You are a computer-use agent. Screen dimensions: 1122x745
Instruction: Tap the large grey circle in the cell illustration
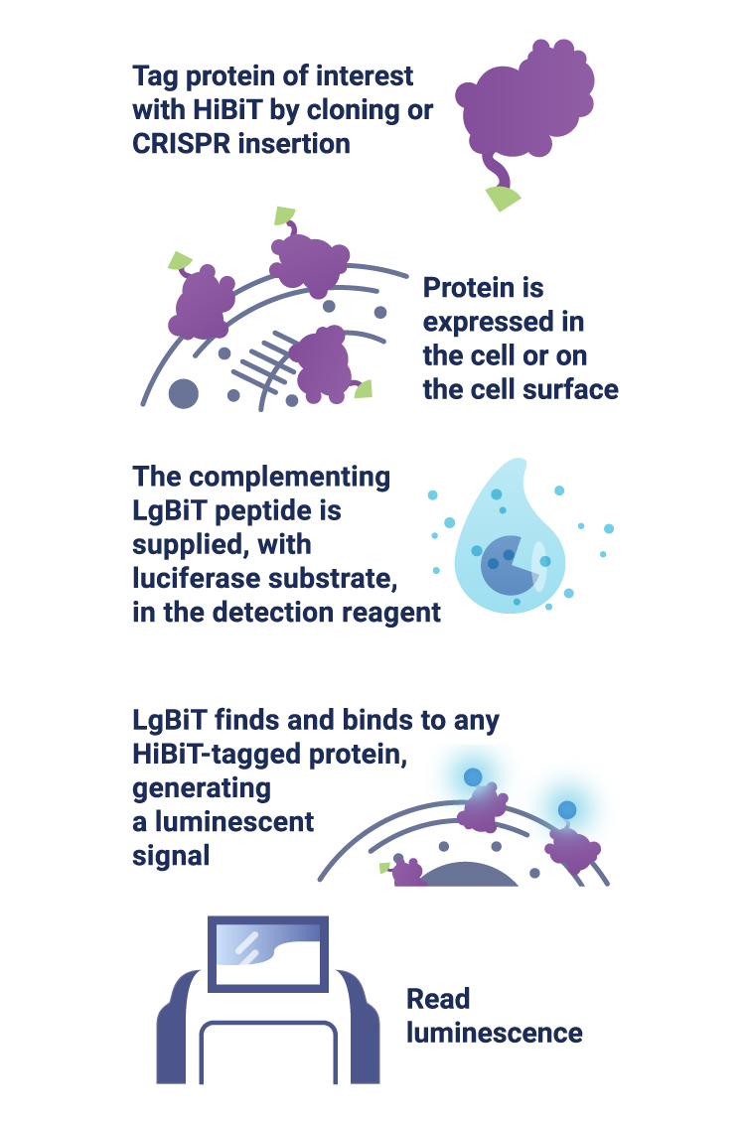click(x=184, y=393)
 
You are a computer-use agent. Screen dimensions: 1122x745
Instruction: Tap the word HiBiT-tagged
click(x=216, y=754)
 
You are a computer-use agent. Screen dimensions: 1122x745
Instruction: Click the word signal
click(x=171, y=855)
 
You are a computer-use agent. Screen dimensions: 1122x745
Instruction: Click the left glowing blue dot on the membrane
click(x=473, y=776)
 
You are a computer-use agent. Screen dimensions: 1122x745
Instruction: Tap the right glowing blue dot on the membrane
click(x=567, y=810)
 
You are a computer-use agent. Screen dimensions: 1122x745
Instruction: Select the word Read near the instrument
click(x=438, y=999)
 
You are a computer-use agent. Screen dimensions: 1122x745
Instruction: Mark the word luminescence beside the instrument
click(x=495, y=1033)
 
